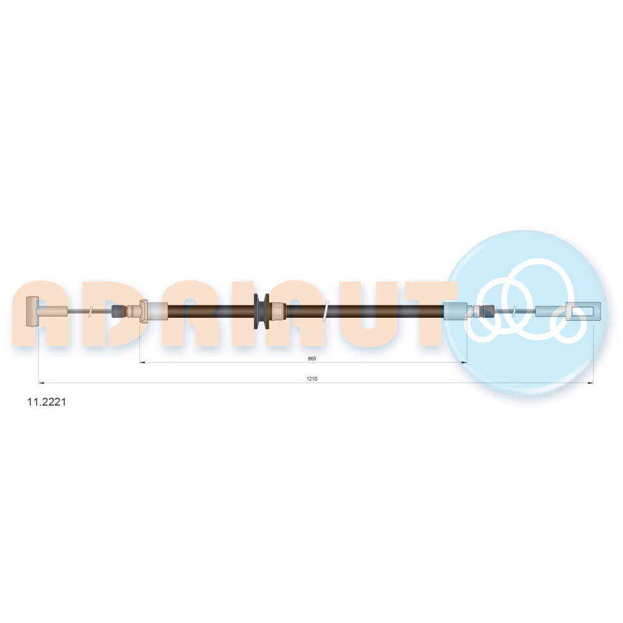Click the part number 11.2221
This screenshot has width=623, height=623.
click(x=47, y=402)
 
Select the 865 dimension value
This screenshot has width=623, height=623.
click(x=312, y=358)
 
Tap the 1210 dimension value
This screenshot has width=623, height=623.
click(x=312, y=379)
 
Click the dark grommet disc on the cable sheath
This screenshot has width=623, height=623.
click(x=261, y=311)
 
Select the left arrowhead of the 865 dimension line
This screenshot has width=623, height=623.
click(x=142, y=363)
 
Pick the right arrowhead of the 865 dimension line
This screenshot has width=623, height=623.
click(x=464, y=363)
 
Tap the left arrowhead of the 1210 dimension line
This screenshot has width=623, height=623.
click(x=41, y=383)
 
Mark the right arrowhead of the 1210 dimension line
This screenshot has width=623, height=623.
click(x=590, y=383)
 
